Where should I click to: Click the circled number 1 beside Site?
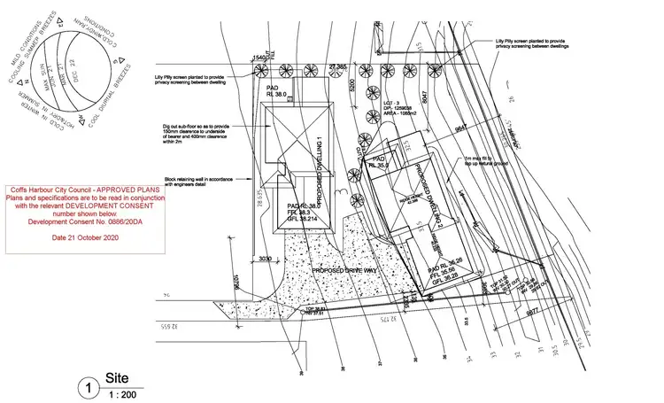(x=88, y=386)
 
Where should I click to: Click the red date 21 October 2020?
(x=85, y=238)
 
